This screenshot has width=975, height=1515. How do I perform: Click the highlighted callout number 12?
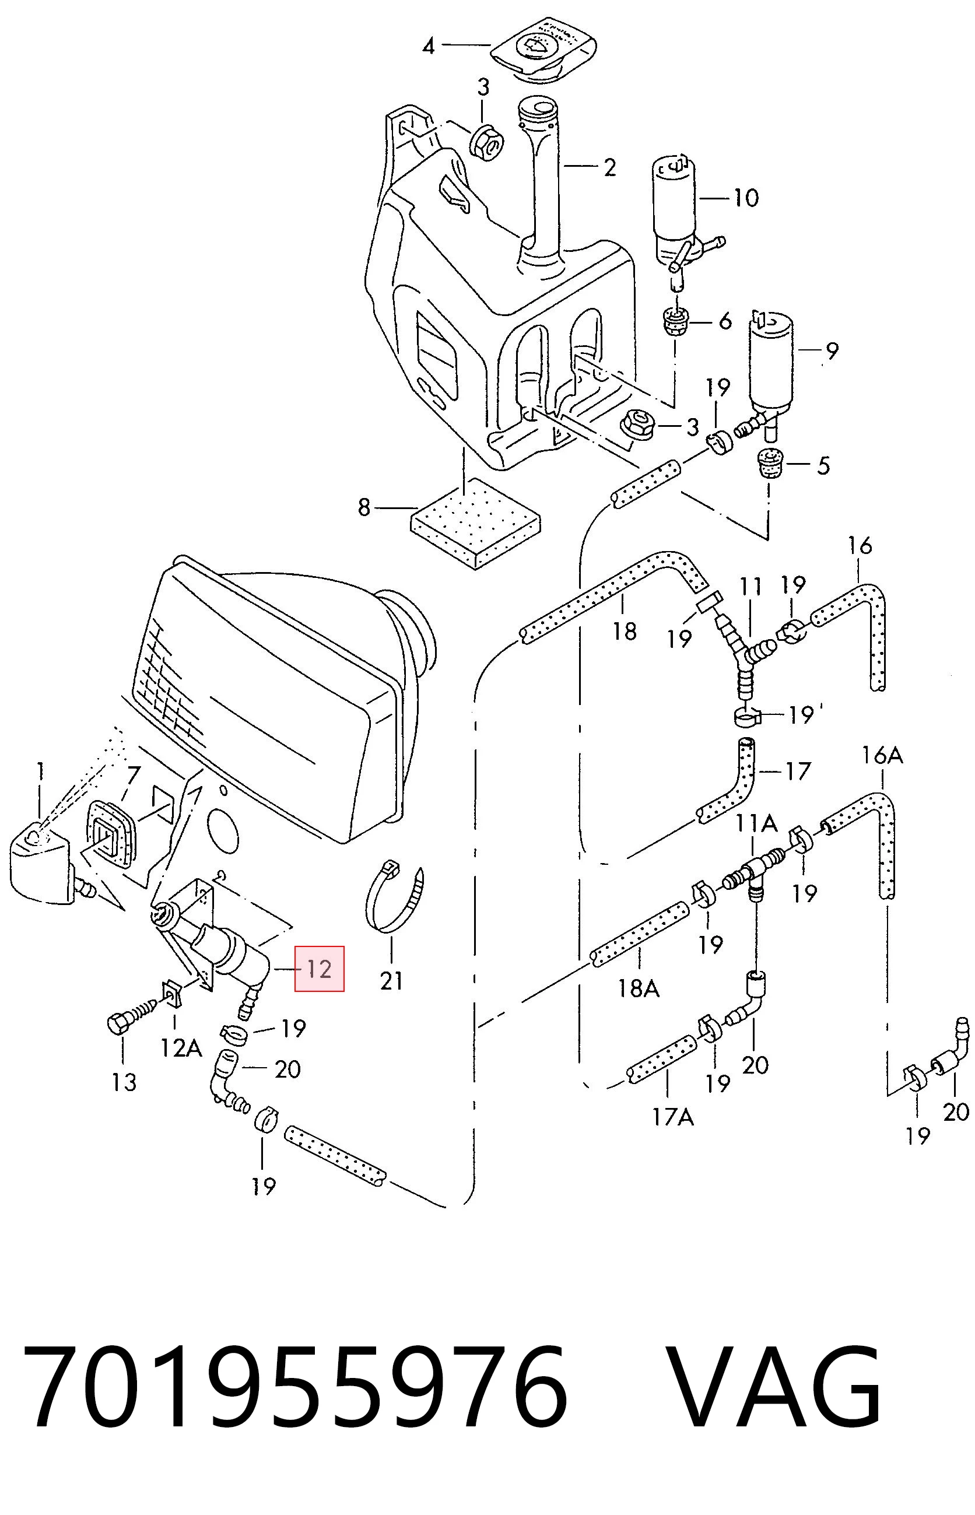pyautogui.click(x=319, y=969)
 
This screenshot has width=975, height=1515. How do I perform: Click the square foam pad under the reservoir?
pyautogui.click(x=475, y=524)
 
